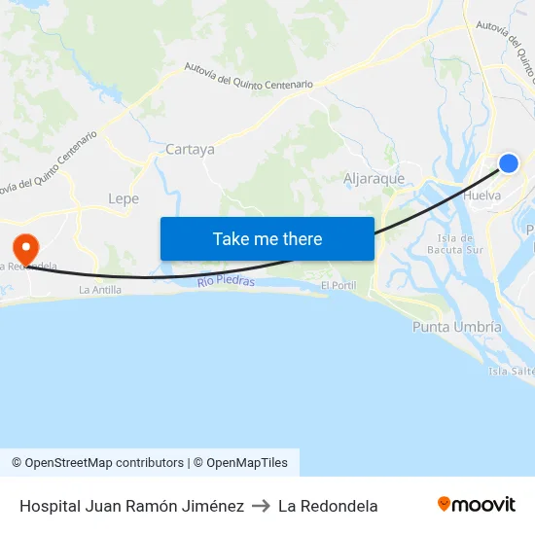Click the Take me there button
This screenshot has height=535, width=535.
coord(267,238)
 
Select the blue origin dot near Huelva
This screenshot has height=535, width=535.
coord(508,163)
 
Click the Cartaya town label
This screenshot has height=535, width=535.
coord(190,150)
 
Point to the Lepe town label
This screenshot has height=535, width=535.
coord(124,198)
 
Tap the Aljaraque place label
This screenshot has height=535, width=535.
coord(374,179)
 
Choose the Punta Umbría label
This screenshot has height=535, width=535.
coord(457,327)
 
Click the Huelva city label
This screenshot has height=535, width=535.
coord(483,196)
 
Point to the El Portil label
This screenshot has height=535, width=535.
coord(339,286)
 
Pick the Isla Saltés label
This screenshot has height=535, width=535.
coord(512,372)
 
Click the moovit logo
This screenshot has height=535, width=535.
coord(477,505)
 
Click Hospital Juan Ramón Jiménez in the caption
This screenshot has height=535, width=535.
coord(131,506)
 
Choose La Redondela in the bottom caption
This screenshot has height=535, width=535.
coord(328,506)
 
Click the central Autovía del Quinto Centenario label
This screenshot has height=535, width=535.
coord(249,77)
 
